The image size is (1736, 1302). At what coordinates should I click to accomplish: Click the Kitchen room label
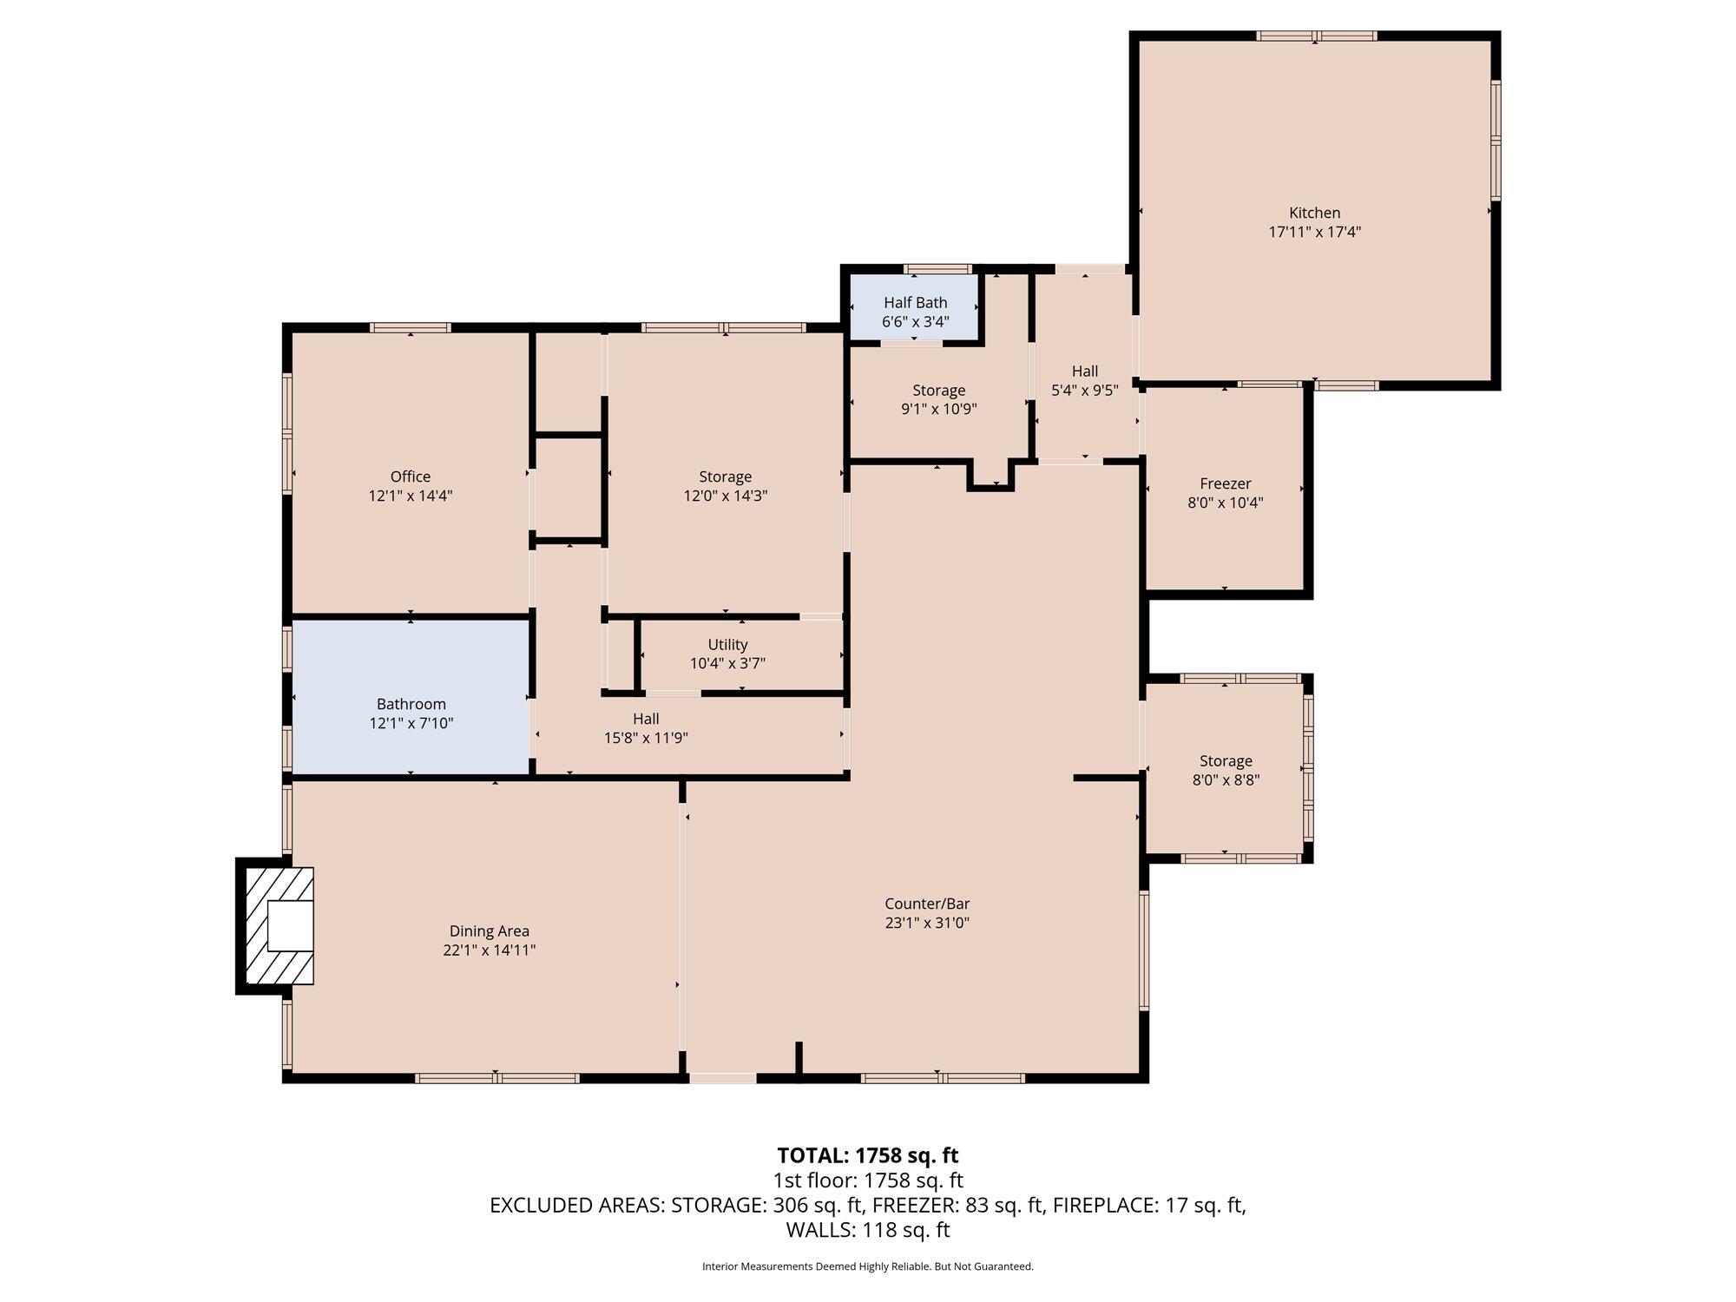click(1314, 213)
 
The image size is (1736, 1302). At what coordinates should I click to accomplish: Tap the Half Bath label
click(915, 303)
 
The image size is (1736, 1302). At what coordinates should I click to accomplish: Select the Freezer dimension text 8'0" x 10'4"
click(1225, 503)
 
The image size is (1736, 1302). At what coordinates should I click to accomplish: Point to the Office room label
click(411, 477)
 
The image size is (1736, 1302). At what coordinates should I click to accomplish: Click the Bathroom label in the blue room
click(411, 704)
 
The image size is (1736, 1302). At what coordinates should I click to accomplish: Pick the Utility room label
click(727, 645)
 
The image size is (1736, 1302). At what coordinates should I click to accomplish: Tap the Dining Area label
click(490, 931)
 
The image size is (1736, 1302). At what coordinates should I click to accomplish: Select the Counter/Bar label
click(927, 904)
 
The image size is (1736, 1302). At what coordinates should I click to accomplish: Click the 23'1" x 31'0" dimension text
click(927, 923)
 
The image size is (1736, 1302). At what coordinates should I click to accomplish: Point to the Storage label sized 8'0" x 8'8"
click(1226, 761)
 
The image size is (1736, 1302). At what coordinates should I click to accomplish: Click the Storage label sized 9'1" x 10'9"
click(938, 391)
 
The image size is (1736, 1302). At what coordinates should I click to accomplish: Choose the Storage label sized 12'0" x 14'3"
click(725, 477)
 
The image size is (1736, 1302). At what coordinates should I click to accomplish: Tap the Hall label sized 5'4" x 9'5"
click(1085, 372)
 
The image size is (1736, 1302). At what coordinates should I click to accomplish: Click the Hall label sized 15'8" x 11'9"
click(646, 719)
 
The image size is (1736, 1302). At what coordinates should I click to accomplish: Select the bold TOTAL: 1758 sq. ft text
click(868, 1155)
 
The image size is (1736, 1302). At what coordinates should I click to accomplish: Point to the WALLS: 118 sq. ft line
click(868, 1230)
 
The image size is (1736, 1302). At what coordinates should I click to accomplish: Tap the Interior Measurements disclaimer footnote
click(868, 1266)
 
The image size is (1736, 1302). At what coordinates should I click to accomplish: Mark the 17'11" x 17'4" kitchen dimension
click(1314, 232)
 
